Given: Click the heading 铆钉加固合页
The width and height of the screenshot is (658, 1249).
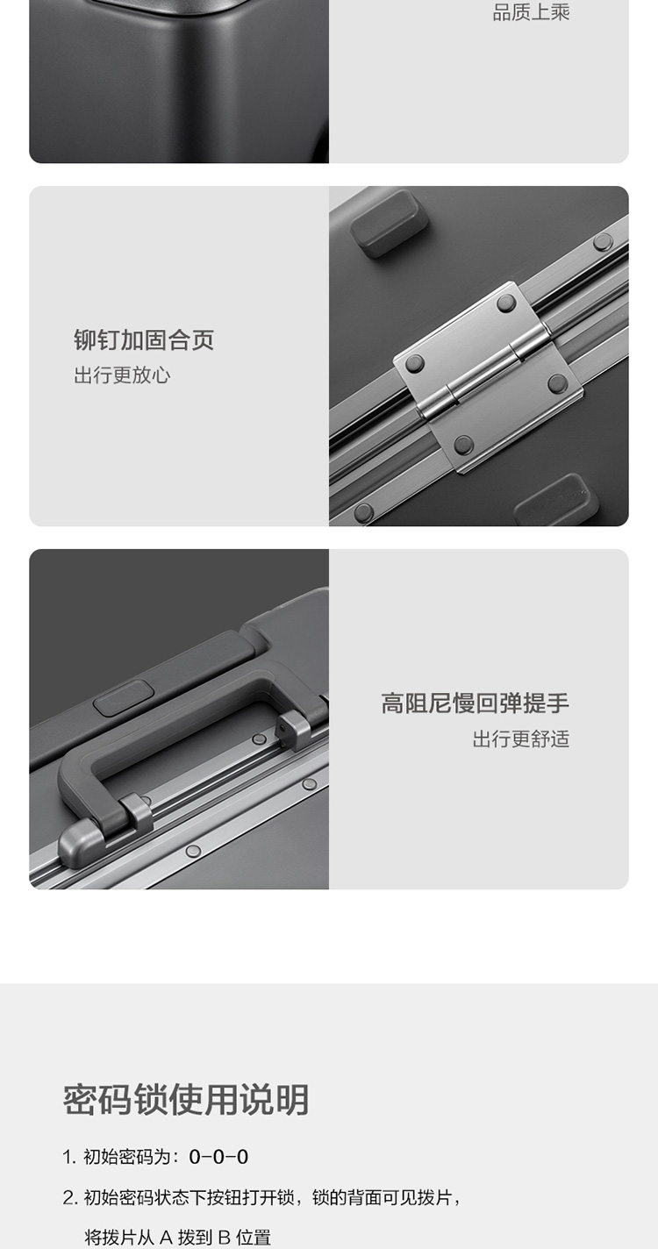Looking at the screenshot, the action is click(x=144, y=339).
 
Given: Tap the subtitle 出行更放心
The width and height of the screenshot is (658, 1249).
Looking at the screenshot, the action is click(x=122, y=375).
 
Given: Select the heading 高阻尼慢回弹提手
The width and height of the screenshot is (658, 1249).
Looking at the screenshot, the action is click(x=476, y=703).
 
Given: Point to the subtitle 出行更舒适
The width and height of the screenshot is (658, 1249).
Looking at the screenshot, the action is click(x=521, y=739).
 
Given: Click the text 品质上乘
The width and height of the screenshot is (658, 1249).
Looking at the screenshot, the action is click(x=531, y=12).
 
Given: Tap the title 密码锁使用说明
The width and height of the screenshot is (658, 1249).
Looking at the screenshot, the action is click(x=186, y=1100).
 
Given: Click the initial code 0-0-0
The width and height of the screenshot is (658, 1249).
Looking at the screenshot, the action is click(x=218, y=1156).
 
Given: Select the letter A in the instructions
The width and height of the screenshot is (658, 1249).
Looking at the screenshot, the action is click(x=166, y=1238).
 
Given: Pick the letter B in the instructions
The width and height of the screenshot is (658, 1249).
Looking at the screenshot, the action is click(x=225, y=1238).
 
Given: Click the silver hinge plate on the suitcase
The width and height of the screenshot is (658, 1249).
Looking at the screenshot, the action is click(x=488, y=376).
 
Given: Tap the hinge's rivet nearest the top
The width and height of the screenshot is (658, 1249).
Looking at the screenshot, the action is click(x=506, y=303).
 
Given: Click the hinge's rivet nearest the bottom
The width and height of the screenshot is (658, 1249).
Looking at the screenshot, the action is click(x=463, y=445).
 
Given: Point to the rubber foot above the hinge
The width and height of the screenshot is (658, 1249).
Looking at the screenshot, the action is click(x=390, y=223).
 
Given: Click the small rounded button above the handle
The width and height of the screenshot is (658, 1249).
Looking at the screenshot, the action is click(x=123, y=697).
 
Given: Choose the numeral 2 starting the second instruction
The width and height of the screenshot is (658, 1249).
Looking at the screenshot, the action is click(x=68, y=1197).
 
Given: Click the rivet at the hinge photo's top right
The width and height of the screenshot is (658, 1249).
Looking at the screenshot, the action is click(x=602, y=242).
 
